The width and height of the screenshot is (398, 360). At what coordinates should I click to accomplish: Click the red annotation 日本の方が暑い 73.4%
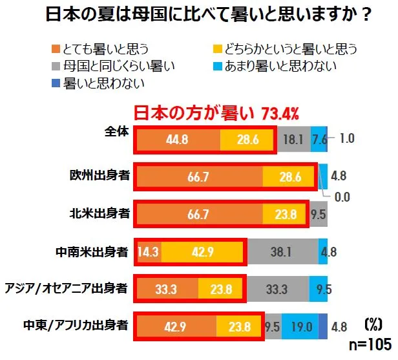click(216, 114)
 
